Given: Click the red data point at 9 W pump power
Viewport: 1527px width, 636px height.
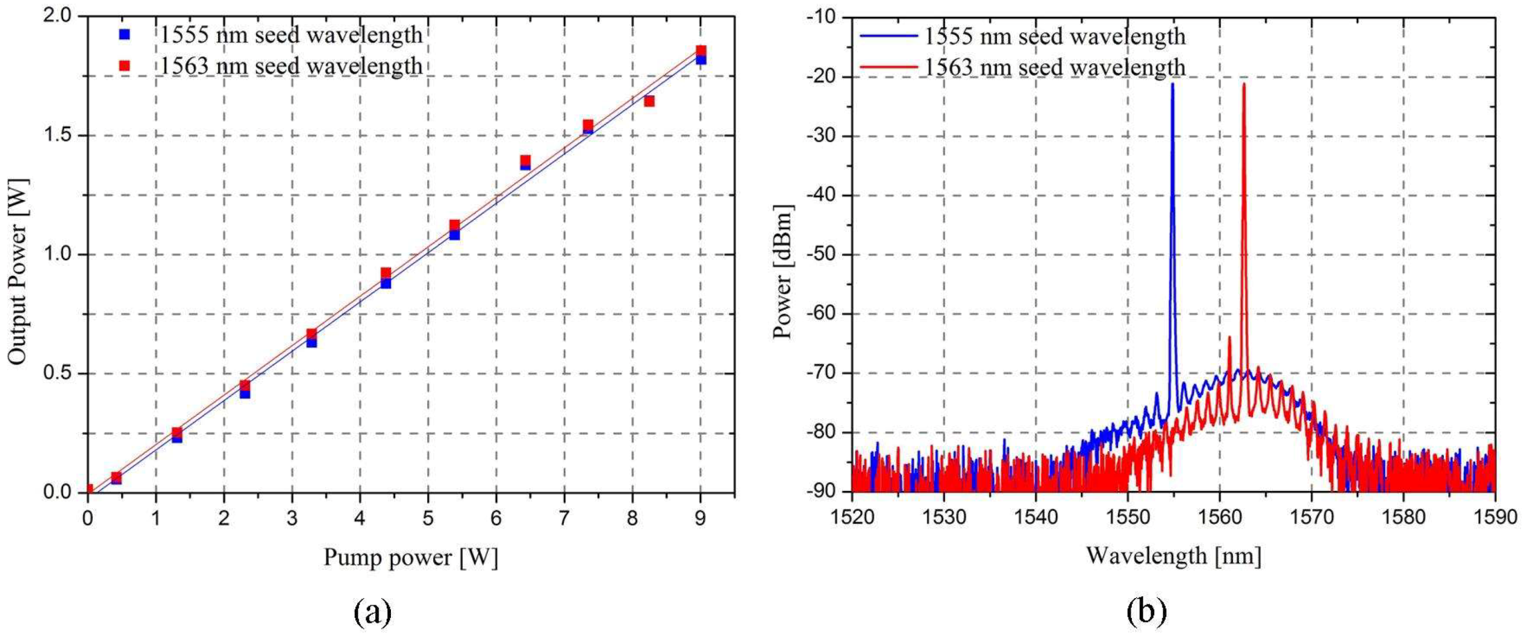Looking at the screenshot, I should tap(701, 51).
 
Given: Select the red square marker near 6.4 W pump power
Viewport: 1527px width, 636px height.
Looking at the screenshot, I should tap(525, 160).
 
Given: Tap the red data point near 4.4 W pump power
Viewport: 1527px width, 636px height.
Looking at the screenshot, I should tap(386, 273).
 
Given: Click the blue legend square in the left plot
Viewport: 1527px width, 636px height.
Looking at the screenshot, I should tap(125, 35).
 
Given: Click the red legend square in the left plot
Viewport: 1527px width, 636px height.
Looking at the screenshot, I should tap(125, 66).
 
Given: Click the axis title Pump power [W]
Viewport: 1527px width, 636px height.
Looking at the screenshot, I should tap(411, 557).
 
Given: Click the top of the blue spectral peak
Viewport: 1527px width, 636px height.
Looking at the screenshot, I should tap(1172, 84).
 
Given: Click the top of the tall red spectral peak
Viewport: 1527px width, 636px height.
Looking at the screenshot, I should tap(1243, 84).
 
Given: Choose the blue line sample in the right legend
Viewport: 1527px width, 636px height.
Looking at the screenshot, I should tap(888, 36).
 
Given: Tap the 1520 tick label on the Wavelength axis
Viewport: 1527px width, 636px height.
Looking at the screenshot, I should tap(852, 517).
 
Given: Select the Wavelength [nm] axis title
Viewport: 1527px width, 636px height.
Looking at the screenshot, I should tap(1173, 555).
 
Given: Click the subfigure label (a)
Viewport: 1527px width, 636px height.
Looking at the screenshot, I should tap(373, 612).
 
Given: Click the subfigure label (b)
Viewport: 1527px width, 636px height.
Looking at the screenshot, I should tap(1146, 612).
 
